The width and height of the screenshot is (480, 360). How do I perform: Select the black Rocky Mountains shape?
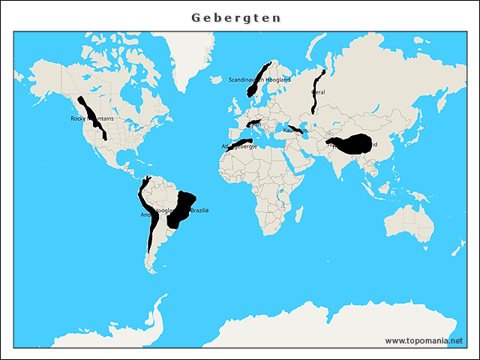[94, 120]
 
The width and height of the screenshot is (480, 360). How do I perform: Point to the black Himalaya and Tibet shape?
[352, 144]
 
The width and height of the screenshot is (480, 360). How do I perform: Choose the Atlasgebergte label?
[239, 146]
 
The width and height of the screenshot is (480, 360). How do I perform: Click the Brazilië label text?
[199, 211]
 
